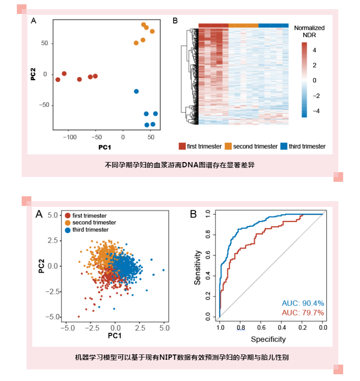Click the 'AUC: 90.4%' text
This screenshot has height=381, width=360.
(x=303, y=303)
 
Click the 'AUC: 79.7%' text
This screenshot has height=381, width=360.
(x=303, y=313)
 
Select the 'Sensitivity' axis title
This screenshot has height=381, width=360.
(x=198, y=266)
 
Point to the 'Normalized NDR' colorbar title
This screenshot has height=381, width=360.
(x=309, y=31)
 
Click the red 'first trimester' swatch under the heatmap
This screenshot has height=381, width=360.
(x=182, y=146)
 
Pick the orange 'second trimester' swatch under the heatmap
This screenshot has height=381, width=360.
(x=228, y=146)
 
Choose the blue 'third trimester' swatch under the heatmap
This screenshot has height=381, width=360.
(x=284, y=146)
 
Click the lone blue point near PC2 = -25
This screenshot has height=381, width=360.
(x=136, y=91)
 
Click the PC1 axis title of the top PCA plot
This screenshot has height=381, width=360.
(x=105, y=147)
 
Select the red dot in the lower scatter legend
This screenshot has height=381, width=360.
(x=68, y=216)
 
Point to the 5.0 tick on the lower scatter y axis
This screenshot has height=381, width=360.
(x=53, y=215)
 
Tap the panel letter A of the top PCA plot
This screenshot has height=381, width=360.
(x=34, y=20)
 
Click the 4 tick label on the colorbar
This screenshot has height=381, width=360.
(x=314, y=50)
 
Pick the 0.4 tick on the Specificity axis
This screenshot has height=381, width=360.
(x=281, y=328)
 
